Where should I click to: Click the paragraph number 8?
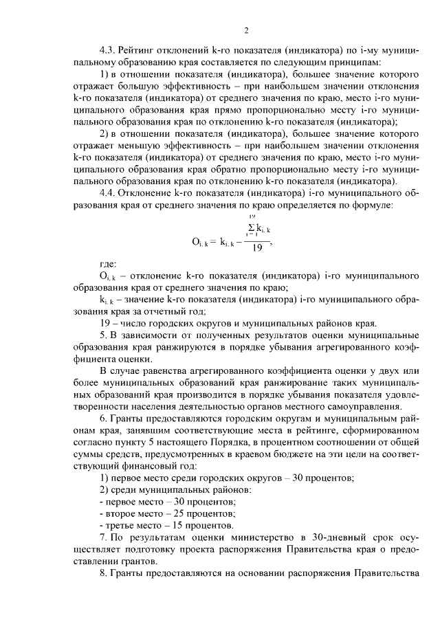[103, 574]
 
